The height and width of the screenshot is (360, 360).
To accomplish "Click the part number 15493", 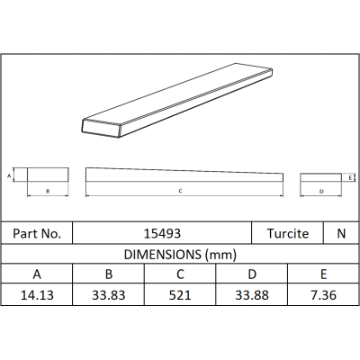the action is point(162,233).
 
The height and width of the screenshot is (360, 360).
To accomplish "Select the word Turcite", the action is point(288,233).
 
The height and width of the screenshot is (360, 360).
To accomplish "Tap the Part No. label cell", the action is point(37,233).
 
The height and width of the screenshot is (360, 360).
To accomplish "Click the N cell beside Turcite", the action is point(341,233).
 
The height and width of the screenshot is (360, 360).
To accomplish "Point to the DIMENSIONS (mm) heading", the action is point(180,255).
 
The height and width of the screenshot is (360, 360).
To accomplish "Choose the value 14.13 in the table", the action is point(37,295).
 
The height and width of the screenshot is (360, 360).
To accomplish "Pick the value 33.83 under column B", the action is point(109,295).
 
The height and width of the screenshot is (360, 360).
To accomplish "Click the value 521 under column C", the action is point(180,295).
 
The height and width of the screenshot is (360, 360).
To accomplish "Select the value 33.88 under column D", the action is point(252,295).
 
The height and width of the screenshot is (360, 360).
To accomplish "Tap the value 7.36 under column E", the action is point(323,295).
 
